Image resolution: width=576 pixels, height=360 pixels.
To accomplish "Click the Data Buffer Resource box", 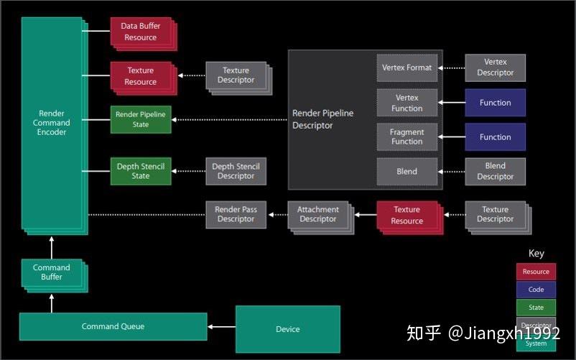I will [x=141, y=32].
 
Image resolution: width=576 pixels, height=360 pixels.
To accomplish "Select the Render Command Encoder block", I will [x=52, y=122].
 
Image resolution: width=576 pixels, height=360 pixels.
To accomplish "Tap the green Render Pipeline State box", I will [x=141, y=119].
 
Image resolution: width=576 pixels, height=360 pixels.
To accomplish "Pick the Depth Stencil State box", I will [x=141, y=171].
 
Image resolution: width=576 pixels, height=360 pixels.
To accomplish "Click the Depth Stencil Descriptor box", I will [x=236, y=171].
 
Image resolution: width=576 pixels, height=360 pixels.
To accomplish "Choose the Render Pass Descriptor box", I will [x=236, y=214].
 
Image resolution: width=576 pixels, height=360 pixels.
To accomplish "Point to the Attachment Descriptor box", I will [x=317, y=214].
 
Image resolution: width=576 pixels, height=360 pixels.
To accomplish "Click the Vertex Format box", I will [x=407, y=68].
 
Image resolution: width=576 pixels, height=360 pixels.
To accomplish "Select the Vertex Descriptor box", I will [x=495, y=68].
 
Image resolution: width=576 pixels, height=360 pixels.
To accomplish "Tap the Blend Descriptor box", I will [x=495, y=171].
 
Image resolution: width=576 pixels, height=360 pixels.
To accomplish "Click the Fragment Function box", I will [x=407, y=137].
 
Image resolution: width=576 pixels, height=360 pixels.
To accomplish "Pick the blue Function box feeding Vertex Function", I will [x=495, y=103].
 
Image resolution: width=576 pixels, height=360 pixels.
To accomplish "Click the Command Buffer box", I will [x=51, y=272].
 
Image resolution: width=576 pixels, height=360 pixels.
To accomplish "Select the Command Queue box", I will [x=113, y=326].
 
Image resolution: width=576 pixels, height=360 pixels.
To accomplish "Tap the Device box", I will [x=287, y=329].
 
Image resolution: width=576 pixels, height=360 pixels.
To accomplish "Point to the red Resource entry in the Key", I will [x=536, y=272].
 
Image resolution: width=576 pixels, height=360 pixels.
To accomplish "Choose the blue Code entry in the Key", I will [x=536, y=290].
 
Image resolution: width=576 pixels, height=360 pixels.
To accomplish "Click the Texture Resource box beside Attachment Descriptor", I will [x=407, y=215].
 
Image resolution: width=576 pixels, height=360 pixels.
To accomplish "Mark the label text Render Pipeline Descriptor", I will [x=322, y=119].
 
